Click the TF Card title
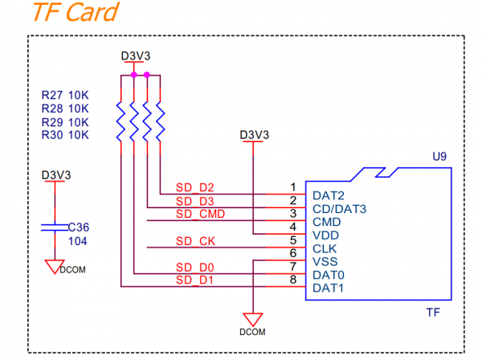point(76,12)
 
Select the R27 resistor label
point(52,96)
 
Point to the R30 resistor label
point(52,135)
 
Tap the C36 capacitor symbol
point(55,227)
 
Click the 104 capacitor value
point(77,241)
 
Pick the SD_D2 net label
point(194,187)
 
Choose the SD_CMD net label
point(200,214)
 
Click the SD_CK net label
point(195,241)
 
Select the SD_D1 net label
point(194,280)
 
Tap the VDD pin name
point(325,235)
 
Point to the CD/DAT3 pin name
point(339,209)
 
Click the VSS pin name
point(325,262)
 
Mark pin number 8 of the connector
point(293,280)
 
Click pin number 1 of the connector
point(293,187)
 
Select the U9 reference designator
point(439,157)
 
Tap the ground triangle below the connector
point(253,319)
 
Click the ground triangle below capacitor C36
point(55,267)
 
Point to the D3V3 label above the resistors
point(136,56)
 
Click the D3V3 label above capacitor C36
point(56,175)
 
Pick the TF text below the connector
point(433,313)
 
